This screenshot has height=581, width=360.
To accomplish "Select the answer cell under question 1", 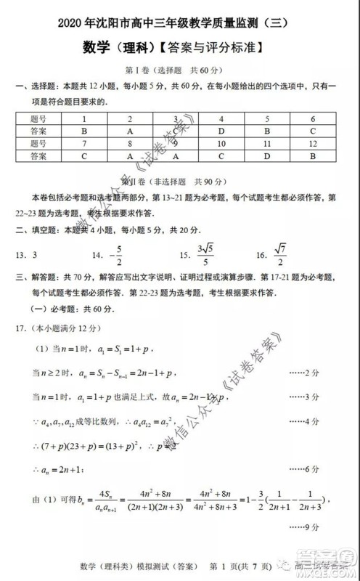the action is (85, 131).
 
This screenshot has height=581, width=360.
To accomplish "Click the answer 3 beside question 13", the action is (36, 255).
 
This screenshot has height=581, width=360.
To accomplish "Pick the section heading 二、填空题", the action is (41, 230).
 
